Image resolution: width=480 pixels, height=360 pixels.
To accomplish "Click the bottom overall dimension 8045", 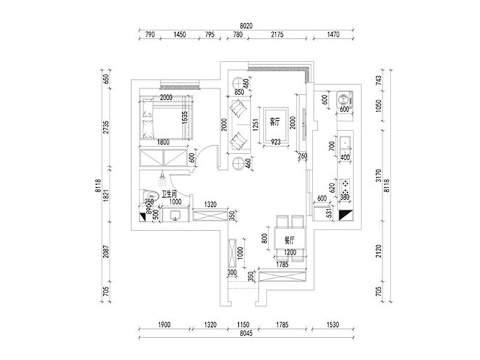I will [x=245, y=334].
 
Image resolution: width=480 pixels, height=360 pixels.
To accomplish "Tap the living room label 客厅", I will [x=274, y=122].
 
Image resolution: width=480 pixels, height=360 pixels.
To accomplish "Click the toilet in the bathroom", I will [x=149, y=194].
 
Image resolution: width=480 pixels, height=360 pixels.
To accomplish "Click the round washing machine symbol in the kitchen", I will [x=342, y=99].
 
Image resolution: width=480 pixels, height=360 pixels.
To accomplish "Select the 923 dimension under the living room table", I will [x=276, y=141].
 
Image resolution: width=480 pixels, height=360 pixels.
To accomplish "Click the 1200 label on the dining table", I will [x=289, y=252].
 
